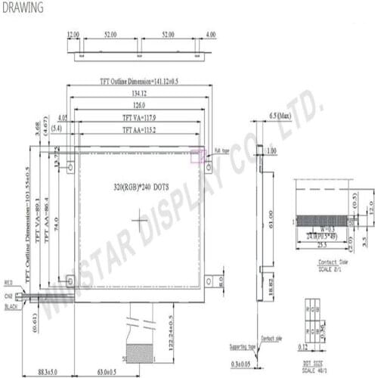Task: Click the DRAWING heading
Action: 23,8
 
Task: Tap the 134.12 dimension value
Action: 141,93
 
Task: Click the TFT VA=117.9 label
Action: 141,118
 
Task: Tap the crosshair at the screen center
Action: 141,220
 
